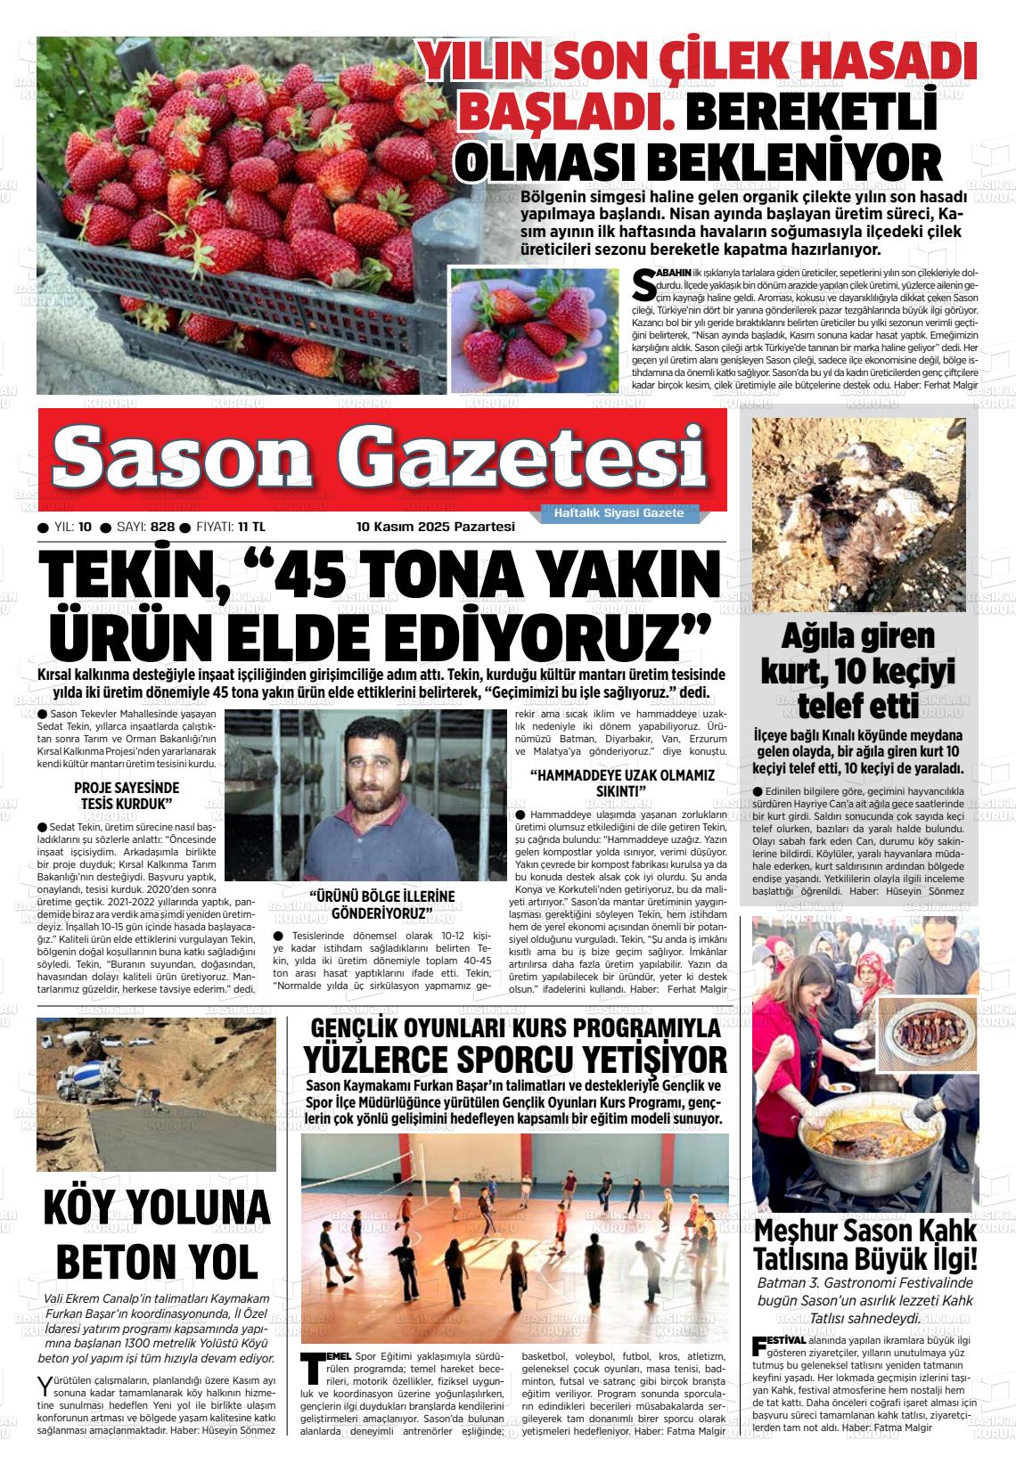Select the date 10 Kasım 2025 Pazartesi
(x=436, y=528)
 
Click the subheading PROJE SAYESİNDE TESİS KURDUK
(x=126, y=796)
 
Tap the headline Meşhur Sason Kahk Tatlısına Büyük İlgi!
(x=865, y=1246)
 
